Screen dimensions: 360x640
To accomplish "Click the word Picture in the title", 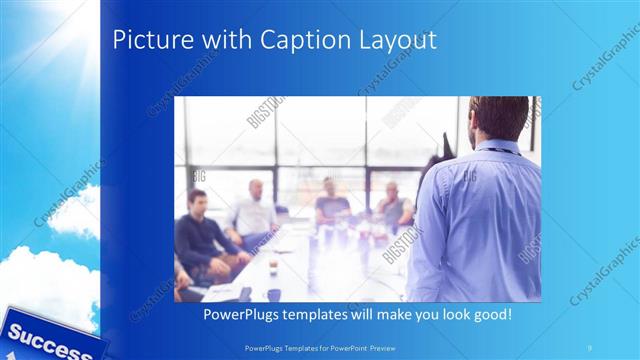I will (143, 40).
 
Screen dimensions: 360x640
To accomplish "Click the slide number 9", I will (590, 346).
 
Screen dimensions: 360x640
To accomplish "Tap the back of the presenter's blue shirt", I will (478, 220).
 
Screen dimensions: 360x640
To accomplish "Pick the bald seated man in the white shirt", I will (253, 212).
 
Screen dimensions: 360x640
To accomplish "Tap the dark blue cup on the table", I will (273, 294).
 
